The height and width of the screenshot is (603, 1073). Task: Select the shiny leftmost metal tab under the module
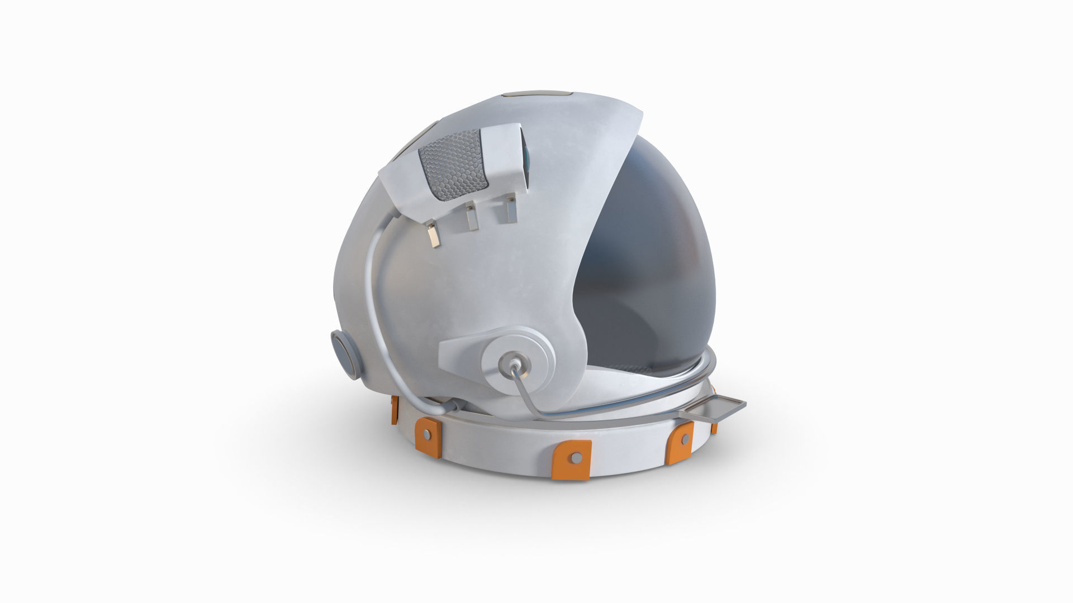click(x=433, y=235)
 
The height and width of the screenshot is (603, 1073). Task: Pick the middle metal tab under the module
click(x=471, y=218)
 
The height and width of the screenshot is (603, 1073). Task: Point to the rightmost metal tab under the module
click(x=511, y=210)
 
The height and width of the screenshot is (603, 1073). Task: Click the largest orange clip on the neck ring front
click(x=571, y=459)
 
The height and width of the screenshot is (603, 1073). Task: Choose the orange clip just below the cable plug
click(x=428, y=434)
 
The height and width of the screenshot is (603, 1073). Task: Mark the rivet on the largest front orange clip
click(x=575, y=458)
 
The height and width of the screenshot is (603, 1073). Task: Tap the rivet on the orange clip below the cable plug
click(x=427, y=434)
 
